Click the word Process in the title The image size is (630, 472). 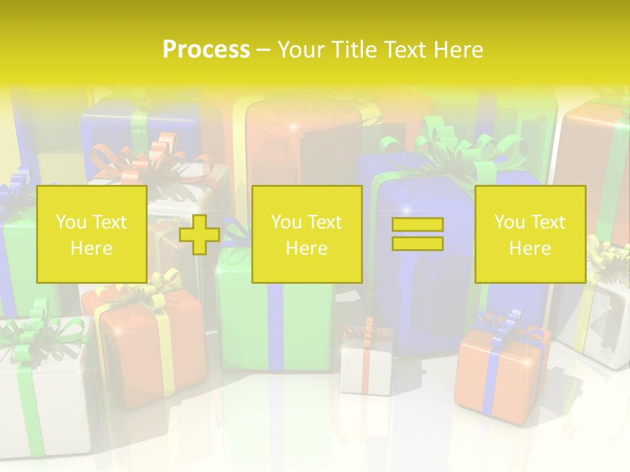206,50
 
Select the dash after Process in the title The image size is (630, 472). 263,50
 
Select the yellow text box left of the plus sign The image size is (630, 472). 91,234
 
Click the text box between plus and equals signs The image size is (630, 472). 306,234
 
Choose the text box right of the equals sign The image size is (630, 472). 530,234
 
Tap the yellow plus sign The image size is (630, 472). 199,235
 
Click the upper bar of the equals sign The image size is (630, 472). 417,225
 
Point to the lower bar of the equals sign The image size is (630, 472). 417,243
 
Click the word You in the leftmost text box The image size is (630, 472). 70,222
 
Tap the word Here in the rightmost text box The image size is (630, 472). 530,248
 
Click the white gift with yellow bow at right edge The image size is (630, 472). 600,315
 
